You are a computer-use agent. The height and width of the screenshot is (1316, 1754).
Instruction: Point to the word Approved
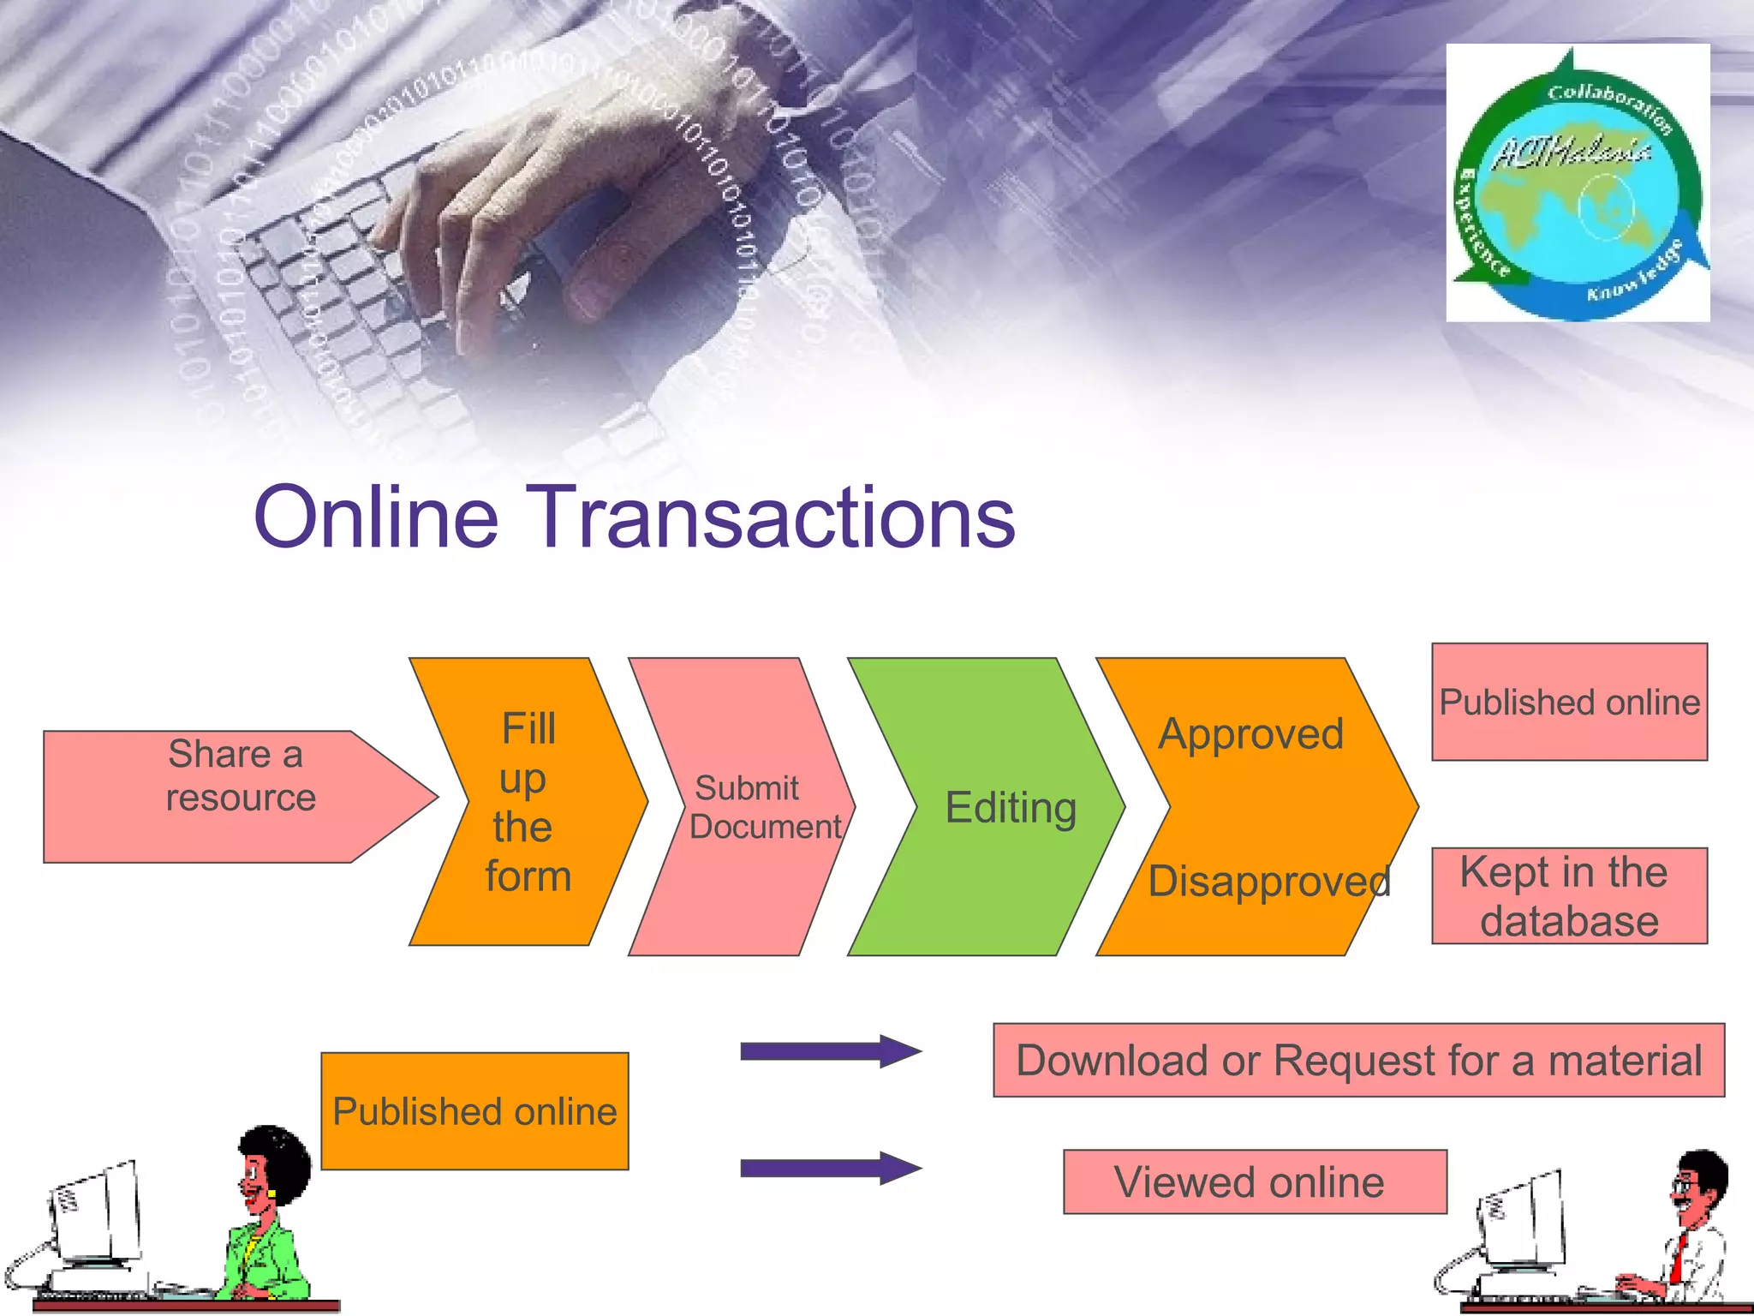pyautogui.click(x=1250, y=734)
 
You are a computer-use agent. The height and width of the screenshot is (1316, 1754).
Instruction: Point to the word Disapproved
pyautogui.click(x=1268, y=882)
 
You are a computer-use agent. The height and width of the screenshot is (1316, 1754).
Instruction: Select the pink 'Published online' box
pyautogui.click(x=1569, y=702)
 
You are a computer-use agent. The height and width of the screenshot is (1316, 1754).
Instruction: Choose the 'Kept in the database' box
pyautogui.click(x=1569, y=896)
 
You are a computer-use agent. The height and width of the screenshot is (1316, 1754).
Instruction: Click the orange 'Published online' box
pyautogui.click(x=474, y=1111)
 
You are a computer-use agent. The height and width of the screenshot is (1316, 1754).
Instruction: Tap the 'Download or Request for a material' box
pyautogui.click(x=1358, y=1060)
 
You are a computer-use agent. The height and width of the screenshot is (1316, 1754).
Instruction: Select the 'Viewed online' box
pyautogui.click(x=1255, y=1182)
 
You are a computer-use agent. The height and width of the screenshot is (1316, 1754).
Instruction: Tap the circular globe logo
pyautogui.click(x=1578, y=184)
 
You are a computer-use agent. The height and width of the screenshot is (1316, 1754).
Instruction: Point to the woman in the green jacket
pyautogui.click(x=265, y=1217)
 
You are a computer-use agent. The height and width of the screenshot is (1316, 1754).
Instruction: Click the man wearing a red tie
pyautogui.click(x=1691, y=1225)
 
